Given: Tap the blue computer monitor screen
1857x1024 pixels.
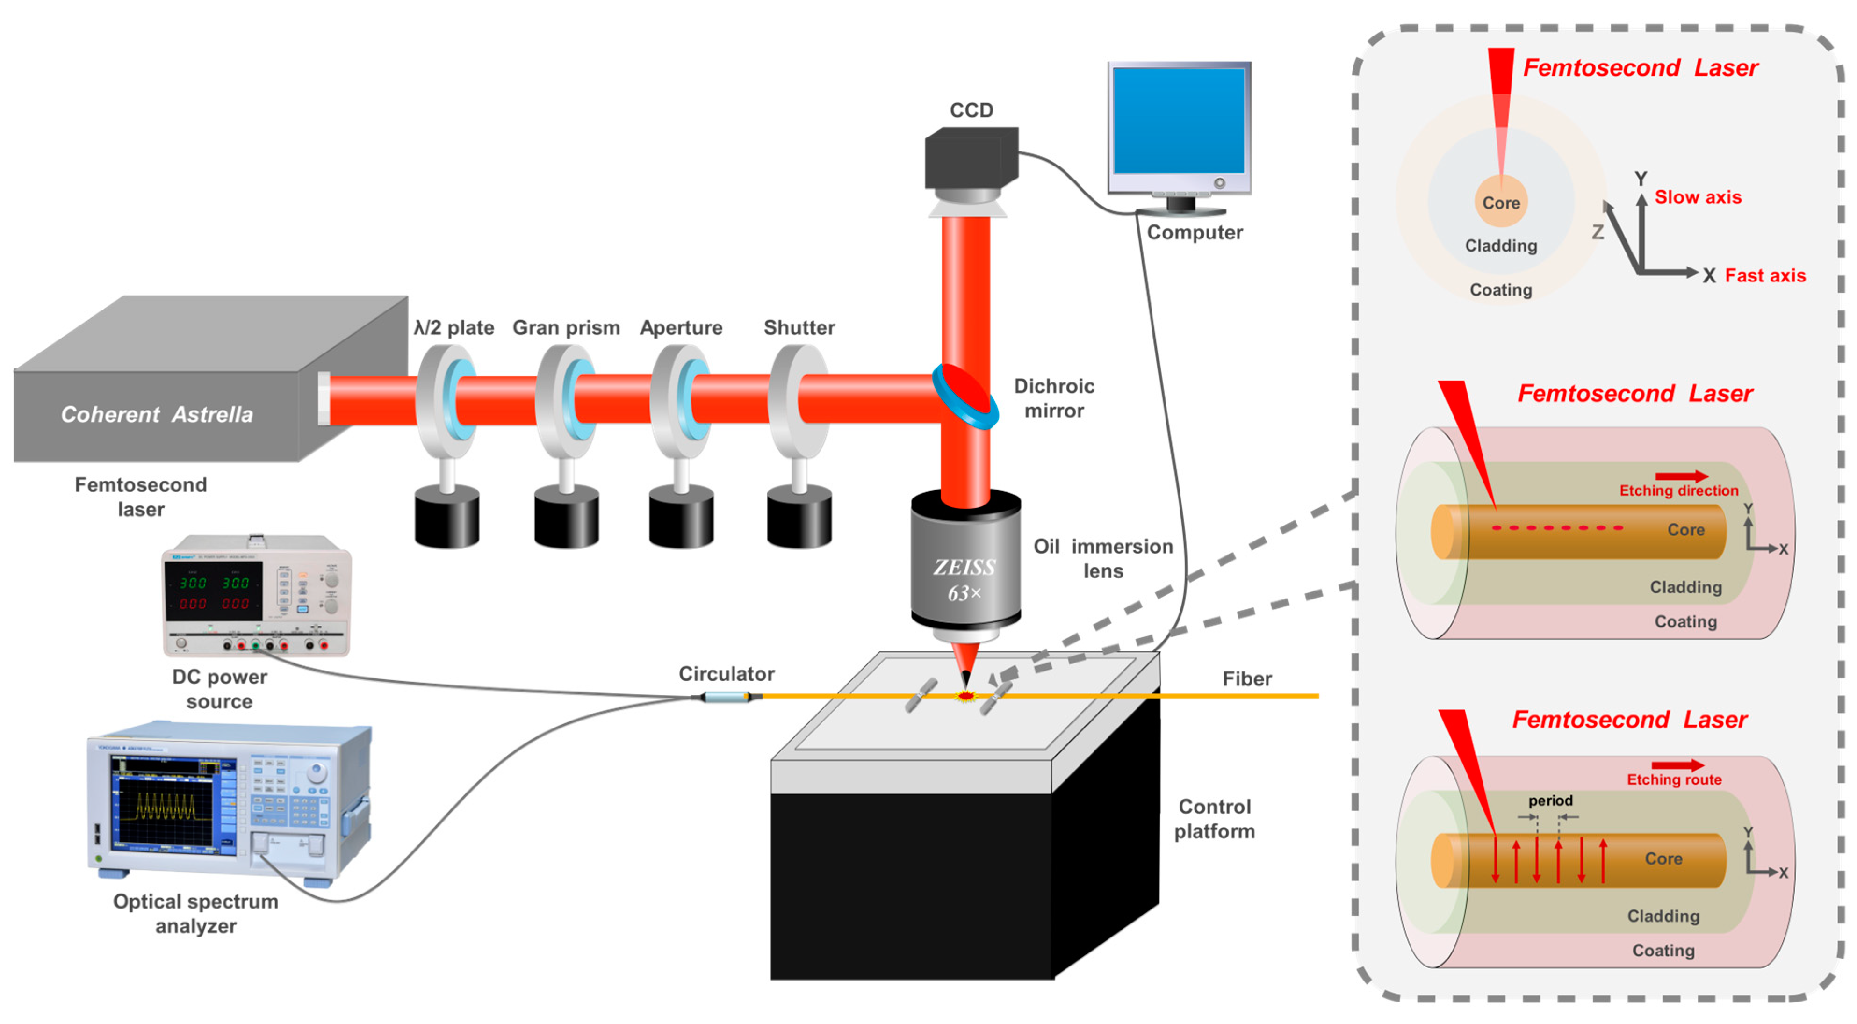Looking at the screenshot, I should [x=1179, y=121].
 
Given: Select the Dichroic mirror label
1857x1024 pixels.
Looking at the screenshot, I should [x=1053, y=398].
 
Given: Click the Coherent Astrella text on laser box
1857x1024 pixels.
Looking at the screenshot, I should [x=157, y=415].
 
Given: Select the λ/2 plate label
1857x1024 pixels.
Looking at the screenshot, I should [x=453, y=328].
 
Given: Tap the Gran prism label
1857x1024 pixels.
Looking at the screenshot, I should [x=566, y=328].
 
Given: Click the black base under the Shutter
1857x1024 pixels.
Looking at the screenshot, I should [x=799, y=517].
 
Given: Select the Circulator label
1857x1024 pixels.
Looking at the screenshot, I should [x=726, y=674].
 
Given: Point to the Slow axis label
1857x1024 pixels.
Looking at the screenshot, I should [x=1698, y=198].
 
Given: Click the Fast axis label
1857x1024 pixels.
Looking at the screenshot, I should [x=1765, y=276].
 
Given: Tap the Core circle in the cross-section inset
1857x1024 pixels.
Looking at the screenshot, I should [x=1501, y=202].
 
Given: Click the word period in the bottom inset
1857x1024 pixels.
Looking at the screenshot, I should [x=1550, y=800].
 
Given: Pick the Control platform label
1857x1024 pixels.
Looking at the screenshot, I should [x=1214, y=819].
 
